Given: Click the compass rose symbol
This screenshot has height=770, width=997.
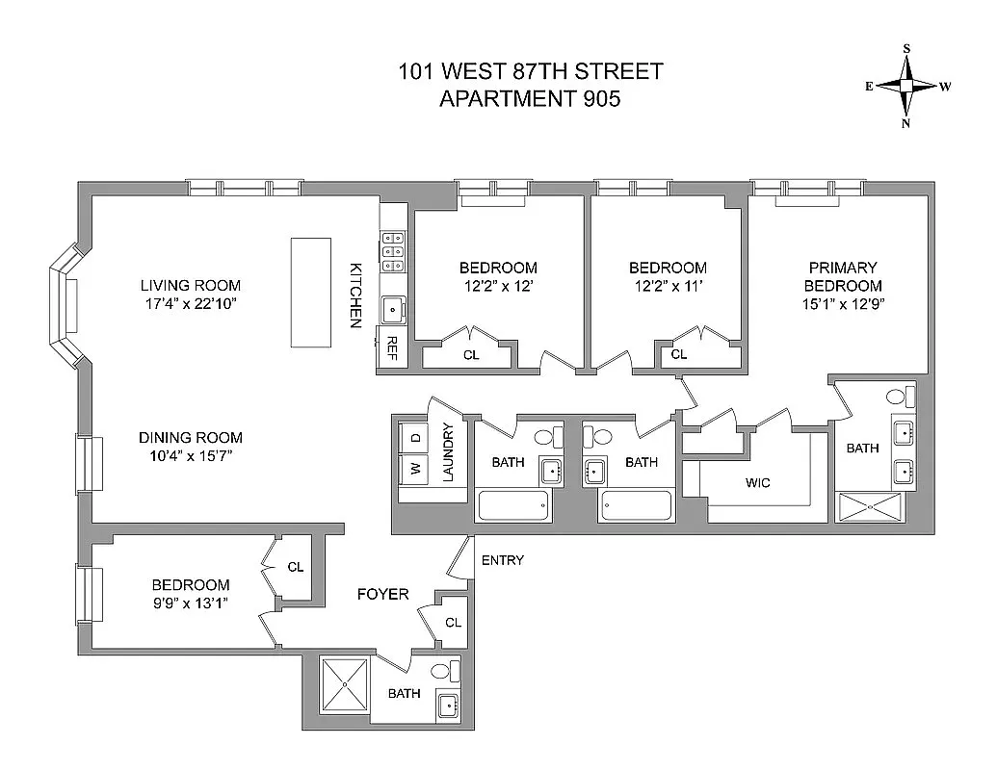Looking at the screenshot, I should click(x=906, y=86).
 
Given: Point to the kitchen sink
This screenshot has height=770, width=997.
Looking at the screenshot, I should click(x=393, y=310).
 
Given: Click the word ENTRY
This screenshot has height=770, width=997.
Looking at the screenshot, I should click(x=502, y=560).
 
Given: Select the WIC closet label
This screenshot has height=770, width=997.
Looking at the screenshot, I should click(x=757, y=482).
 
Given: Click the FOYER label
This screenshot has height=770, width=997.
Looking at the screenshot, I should click(x=383, y=594).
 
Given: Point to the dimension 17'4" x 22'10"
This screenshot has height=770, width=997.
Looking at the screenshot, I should click(x=190, y=304).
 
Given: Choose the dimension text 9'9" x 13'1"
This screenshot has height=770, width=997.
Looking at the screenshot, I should click(x=191, y=603).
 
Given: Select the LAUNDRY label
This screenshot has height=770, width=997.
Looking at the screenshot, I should click(x=448, y=452).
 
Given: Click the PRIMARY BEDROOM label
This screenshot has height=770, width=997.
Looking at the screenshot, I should click(x=843, y=276).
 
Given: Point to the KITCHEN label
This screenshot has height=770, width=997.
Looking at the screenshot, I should click(x=355, y=295).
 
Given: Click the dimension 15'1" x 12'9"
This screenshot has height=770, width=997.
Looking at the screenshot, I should click(x=843, y=304).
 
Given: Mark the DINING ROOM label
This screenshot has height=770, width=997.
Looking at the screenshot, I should click(x=190, y=437).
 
